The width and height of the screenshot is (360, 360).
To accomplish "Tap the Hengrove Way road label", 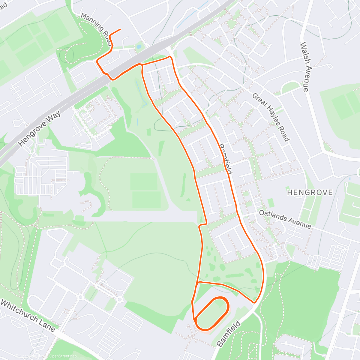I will [x=39, y=129].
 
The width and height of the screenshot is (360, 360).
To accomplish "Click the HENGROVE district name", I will [x=310, y=192].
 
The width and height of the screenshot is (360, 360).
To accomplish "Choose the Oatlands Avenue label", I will [x=285, y=219].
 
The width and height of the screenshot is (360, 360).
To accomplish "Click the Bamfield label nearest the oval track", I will [x=229, y=334].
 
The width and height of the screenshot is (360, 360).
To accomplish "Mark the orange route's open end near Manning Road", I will [x=120, y=29].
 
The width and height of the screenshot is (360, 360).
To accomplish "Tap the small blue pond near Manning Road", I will [x=139, y=47].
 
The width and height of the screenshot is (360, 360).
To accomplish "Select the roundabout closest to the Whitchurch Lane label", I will [x=81, y=297].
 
